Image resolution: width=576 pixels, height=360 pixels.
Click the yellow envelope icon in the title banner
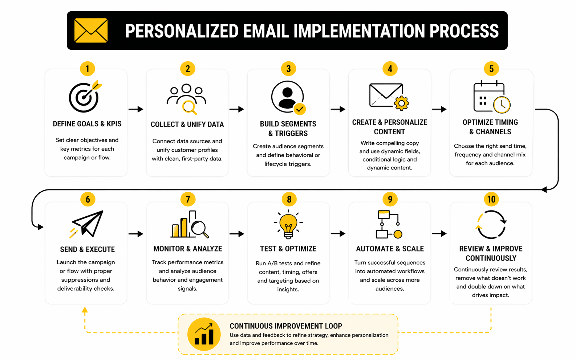91,30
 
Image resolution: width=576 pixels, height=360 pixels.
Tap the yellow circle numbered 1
88,69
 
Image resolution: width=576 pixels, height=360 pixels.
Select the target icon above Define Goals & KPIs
85,96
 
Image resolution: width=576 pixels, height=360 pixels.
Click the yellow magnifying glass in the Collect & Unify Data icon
190,107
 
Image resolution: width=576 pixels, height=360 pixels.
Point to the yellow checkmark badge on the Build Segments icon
300,109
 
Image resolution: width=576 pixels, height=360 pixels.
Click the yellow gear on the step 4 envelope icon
401,103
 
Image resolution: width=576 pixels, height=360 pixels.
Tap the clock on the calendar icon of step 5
502,105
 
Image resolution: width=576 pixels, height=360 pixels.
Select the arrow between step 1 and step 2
136,109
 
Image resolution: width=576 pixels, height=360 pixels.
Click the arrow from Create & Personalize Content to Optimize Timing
439,109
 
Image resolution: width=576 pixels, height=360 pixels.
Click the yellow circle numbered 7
188,199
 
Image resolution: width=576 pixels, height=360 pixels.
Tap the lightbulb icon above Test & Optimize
288,224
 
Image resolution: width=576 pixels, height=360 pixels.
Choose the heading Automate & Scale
390,249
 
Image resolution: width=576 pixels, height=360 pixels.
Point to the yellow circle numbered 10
491,199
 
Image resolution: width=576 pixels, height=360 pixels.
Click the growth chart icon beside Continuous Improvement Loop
204,334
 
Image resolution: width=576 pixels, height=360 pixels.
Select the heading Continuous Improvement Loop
286,326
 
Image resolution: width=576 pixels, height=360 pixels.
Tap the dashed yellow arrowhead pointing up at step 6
85,310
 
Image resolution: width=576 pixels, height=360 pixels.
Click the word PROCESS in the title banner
464,31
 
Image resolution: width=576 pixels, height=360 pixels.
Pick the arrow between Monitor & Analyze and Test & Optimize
237,234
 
